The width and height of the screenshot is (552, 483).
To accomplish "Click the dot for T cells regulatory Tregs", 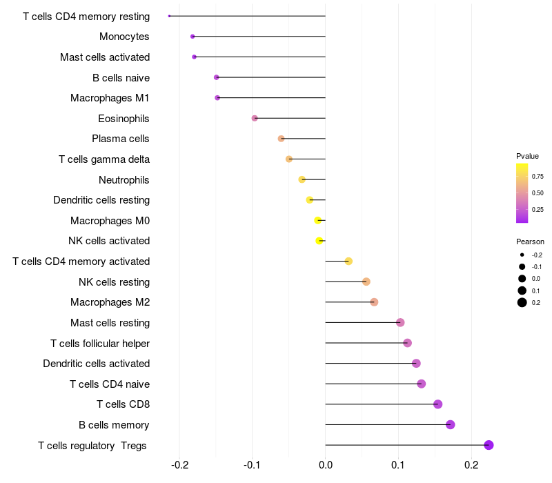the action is pyautogui.click(x=489, y=445).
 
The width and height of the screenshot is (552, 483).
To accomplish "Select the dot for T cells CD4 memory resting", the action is pyautogui.click(x=169, y=16).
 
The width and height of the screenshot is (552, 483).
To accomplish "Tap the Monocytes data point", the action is pyautogui.click(x=193, y=37).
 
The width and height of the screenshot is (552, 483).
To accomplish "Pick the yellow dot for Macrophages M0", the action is pyautogui.click(x=318, y=220).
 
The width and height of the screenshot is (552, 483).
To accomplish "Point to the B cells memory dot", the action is pyautogui.click(x=451, y=424).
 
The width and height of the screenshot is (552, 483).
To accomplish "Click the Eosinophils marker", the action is pyautogui.click(x=255, y=118).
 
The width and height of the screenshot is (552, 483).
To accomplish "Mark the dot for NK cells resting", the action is pyautogui.click(x=366, y=282).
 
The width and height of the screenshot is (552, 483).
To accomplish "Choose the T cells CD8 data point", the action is pyautogui.click(x=438, y=404).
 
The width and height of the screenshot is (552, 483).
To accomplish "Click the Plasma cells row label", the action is pyautogui.click(x=120, y=139).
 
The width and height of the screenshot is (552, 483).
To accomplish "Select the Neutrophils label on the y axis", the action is pyautogui.click(x=124, y=180).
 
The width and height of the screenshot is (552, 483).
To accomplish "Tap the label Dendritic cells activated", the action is pyautogui.click(x=97, y=364).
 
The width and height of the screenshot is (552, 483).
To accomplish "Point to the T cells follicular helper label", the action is pyautogui.click(x=100, y=343).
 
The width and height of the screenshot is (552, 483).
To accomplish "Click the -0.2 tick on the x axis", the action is pyautogui.click(x=179, y=465).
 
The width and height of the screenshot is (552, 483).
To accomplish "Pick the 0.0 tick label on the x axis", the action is pyautogui.click(x=326, y=465).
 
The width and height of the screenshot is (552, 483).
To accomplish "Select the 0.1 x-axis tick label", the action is pyautogui.click(x=398, y=465).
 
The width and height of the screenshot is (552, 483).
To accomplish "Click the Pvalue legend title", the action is pyautogui.click(x=527, y=156).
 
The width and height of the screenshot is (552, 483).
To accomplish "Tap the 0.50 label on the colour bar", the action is pyautogui.click(x=538, y=193).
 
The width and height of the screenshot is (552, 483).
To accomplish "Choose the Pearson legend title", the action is pyautogui.click(x=530, y=241).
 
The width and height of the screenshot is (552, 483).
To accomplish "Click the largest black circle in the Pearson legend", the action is pyautogui.click(x=522, y=302).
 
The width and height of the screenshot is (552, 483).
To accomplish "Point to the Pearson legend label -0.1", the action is pyautogui.click(x=537, y=267).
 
